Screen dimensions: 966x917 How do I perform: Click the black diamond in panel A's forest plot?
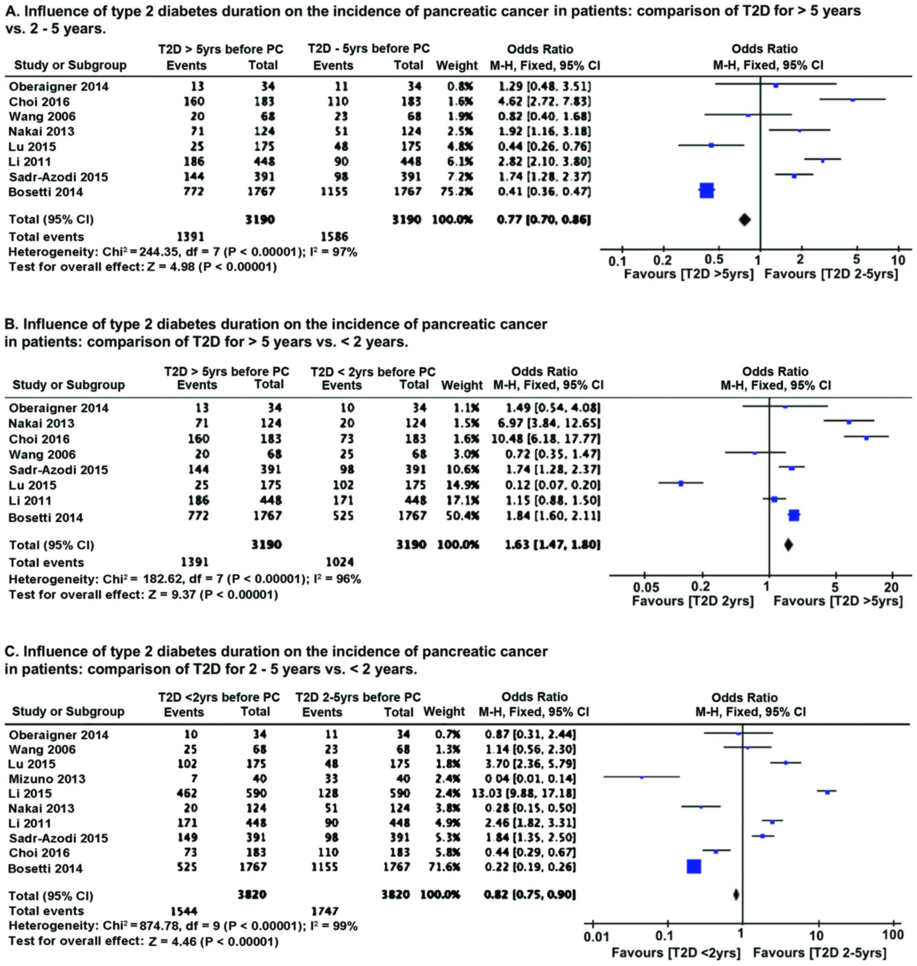click(x=744, y=220)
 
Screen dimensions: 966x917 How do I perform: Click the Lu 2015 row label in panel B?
click(x=32, y=485)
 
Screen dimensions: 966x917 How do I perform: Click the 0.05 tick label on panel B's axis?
click(x=646, y=587)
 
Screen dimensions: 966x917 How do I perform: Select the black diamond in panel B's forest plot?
click(x=788, y=544)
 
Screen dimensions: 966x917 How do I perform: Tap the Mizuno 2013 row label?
click(x=47, y=779)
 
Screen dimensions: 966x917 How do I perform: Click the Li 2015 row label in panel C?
click(x=30, y=793)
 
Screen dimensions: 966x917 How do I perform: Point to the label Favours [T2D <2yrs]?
click(x=676, y=952)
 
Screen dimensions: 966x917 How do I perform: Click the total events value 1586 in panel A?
click(x=334, y=237)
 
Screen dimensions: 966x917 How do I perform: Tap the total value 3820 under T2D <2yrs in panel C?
click(x=252, y=894)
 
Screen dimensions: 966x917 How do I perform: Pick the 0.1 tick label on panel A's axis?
click(x=617, y=261)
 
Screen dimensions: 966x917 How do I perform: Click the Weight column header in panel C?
click(x=444, y=711)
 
